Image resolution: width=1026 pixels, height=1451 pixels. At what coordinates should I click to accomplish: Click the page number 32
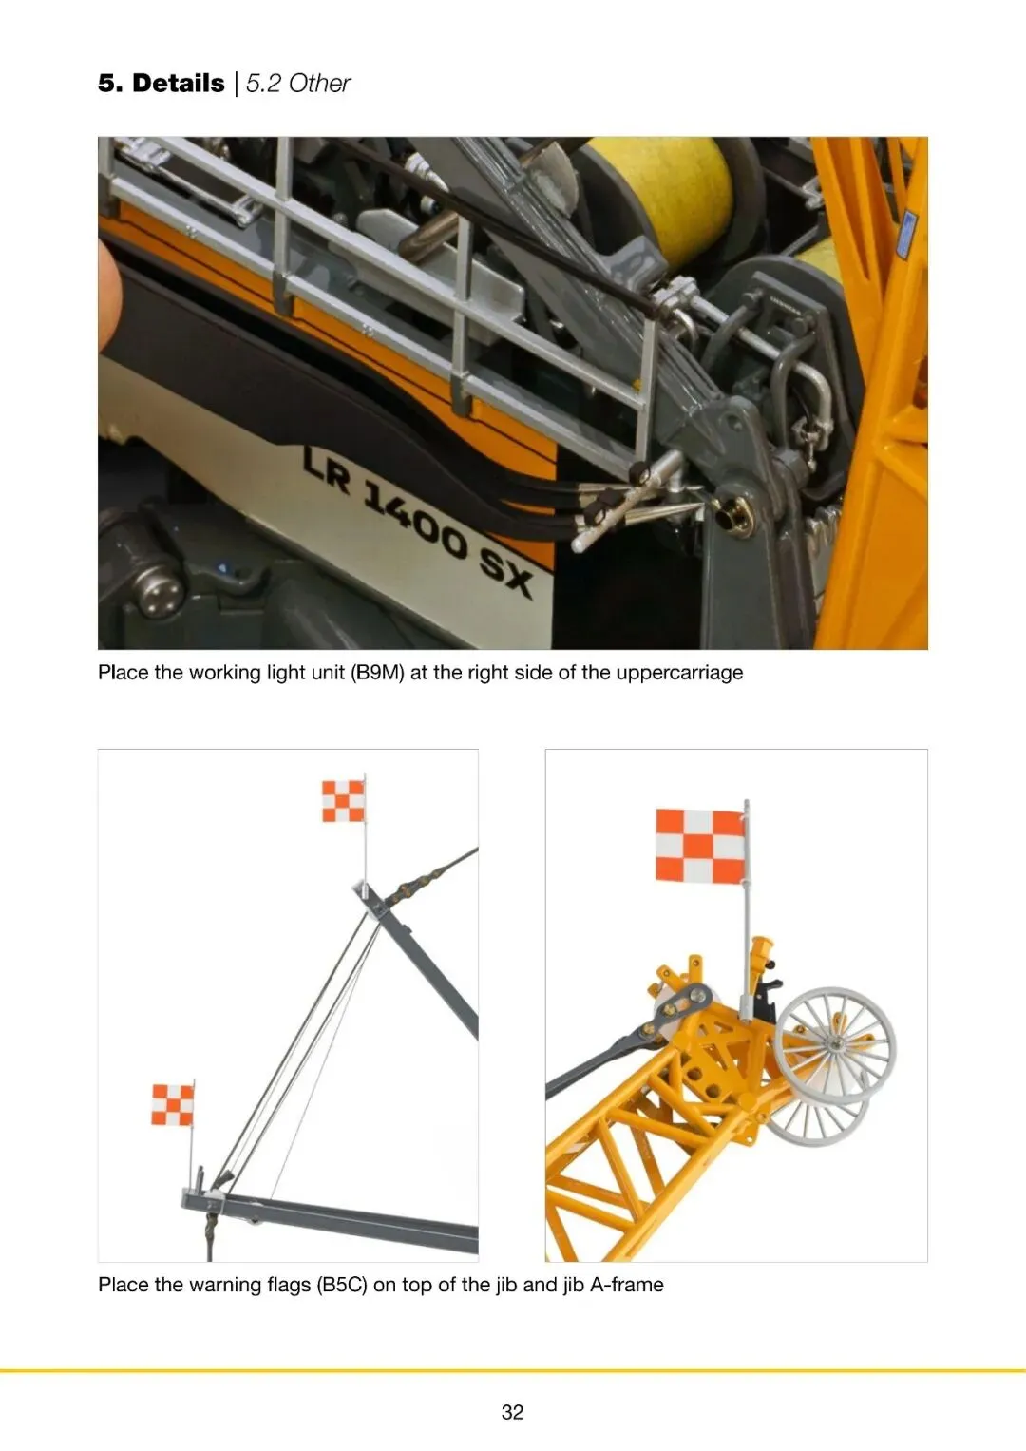(x=512, y=1411)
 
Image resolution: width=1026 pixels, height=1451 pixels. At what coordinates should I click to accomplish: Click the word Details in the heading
(x=179, y=84)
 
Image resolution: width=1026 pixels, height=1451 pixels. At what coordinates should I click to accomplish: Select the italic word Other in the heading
(x=319, y=84)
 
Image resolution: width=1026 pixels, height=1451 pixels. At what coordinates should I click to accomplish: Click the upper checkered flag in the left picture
(x=343, y=801)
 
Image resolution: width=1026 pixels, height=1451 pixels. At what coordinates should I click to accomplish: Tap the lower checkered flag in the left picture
(x=172, y=1105)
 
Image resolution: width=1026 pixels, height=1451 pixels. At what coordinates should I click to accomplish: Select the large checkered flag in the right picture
(x=699, y=846)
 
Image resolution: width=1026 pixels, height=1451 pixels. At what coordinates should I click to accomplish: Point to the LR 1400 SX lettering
(x=418, y=523)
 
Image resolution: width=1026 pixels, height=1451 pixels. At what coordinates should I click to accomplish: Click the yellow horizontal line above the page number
(x=513, y=1370)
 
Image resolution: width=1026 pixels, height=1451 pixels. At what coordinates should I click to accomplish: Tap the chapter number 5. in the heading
(x=111, y=84)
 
